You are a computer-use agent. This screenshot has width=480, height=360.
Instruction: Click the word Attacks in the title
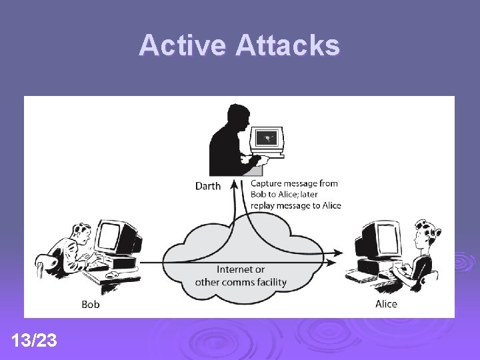287,46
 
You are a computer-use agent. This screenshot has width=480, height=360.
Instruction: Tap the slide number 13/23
34,341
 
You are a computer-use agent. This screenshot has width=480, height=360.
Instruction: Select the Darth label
207,186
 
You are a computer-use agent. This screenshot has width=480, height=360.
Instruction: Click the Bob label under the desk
91,305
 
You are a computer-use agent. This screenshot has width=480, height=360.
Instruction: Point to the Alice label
386,304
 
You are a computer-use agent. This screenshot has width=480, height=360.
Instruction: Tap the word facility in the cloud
269,282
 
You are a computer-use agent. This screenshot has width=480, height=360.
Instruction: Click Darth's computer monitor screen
267,139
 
